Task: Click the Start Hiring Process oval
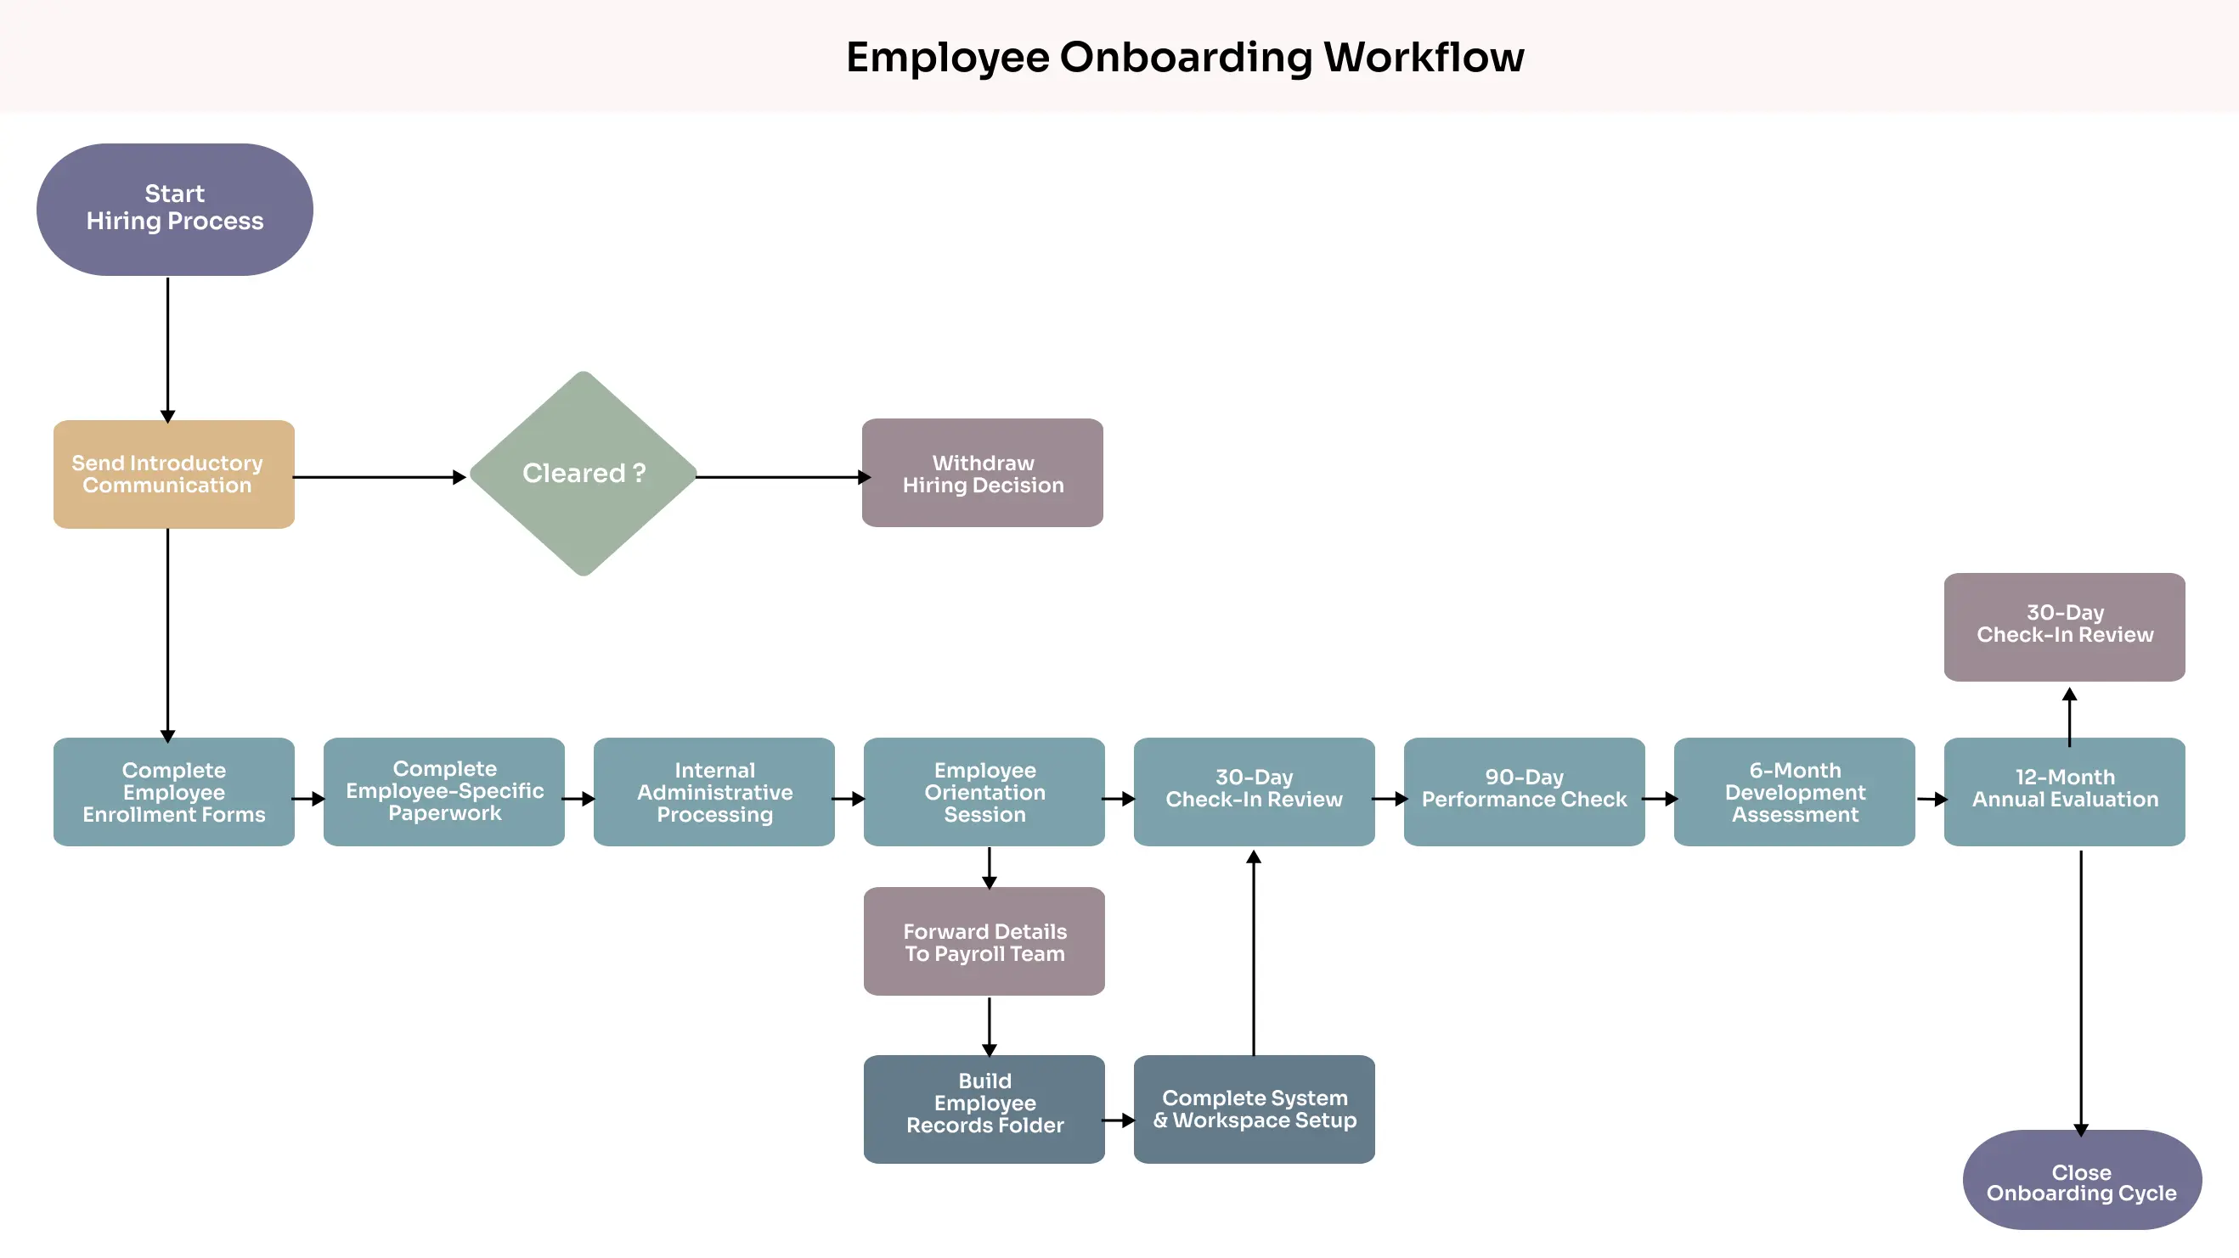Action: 175,210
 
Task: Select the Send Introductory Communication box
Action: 174,475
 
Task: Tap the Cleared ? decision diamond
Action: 584,474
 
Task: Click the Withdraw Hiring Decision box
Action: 982,473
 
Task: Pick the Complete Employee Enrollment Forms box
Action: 174,791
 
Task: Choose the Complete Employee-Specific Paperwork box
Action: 444,791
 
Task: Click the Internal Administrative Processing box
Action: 713,791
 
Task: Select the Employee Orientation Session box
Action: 984,791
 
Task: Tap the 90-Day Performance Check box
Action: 1524,791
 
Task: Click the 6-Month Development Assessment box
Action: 1794,791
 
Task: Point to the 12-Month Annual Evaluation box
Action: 2064,791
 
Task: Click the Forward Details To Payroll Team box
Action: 984,941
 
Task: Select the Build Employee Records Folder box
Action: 984,1109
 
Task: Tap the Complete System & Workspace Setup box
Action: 1255,1109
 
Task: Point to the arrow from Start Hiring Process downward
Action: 167,347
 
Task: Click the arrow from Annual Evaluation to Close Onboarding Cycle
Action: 2081,991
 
